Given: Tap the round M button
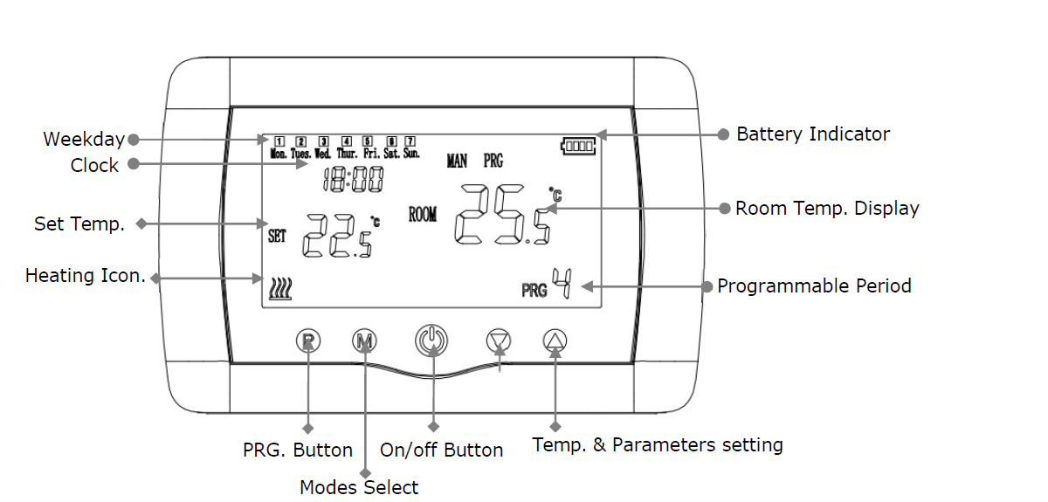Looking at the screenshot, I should pyautogui.click(x=364, y=340).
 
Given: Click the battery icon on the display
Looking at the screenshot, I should pyautogui.click(x=579, y=147).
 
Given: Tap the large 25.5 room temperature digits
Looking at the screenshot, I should pyautogui.click(x=503, y=216).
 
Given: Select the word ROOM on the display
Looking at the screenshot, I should pyautogui.click(x=423, y=215).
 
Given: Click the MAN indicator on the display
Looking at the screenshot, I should pyautogui.click(x=457, y=161).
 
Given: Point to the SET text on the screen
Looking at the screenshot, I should pyautogui.click(x=277, y=236).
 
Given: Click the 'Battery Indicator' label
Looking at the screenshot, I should pyautogui.click(x=812, y=134).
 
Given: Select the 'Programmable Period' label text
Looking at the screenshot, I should pyautogui.click(x=814, y=286).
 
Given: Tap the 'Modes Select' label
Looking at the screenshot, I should pyautogui.click(x=359, y=487).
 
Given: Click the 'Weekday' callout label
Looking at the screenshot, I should pyautogui.click(x=84, y=139).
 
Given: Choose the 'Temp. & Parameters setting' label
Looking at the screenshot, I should pyautogui.click(x=657, y=445).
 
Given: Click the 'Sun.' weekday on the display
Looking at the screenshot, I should pyautogui.click(x=411, y=154).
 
